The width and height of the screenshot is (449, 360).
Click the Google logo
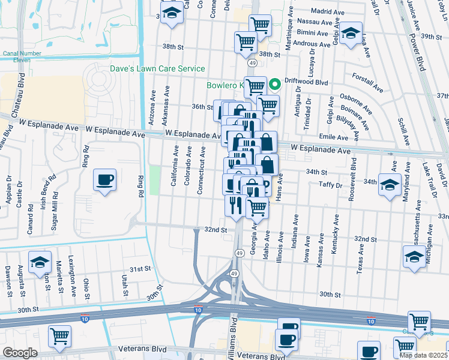tap(20, 353)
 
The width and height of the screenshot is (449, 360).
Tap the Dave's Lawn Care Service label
tap(157, 69)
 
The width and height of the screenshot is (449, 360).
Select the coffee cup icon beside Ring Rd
tap(105, 180)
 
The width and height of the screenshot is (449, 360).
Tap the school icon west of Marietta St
tap(40, 263)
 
